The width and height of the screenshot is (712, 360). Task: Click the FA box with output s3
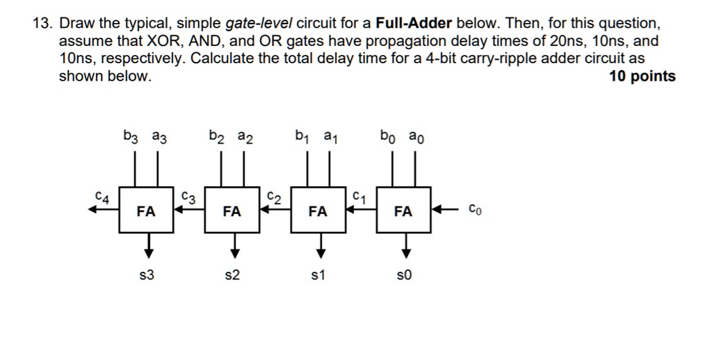(x=146, y=211)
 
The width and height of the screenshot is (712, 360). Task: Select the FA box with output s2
(x=232, y=211)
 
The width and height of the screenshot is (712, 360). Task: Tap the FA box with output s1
(x=318, y=211)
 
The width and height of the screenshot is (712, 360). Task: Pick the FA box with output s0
(x=403, y=211)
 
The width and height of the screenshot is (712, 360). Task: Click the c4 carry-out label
(x=102, y=197)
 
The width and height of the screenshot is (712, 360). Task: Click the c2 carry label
(x=274, y=197)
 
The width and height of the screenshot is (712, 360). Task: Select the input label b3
(x=131, y=137)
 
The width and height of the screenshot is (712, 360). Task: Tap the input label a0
(x=416, y=137)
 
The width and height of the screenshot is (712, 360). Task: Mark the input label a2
(x=245, y=137)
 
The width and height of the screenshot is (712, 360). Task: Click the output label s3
(x=147, y=276)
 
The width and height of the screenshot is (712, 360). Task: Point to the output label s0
(x=403, y=276)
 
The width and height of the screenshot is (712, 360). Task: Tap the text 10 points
(x=642, y=76)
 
